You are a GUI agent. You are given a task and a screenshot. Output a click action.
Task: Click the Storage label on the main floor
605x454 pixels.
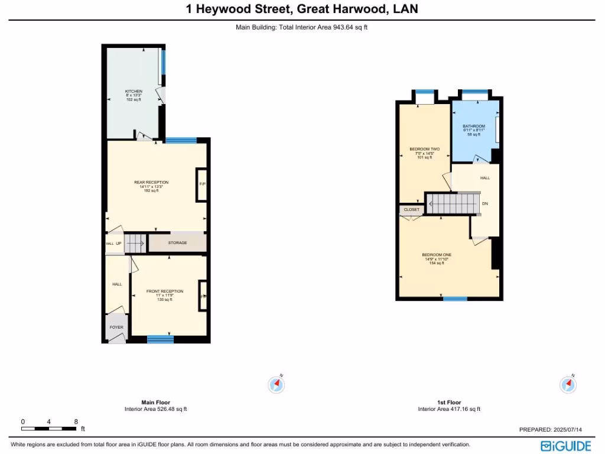tap(177, 243)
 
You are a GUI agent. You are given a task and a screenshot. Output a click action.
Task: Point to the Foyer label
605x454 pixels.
tap(116, 327)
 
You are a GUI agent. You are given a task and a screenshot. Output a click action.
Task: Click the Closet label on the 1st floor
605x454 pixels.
tap(412, 210)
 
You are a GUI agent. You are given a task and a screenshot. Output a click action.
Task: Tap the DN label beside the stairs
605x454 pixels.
tap(485, 204)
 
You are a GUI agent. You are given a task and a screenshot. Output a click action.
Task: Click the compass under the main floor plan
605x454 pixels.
tap(276, 384)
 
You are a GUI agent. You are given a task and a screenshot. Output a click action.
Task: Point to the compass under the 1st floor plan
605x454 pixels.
tap(567, 384)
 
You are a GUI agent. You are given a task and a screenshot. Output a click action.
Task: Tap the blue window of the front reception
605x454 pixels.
tap(160, 339)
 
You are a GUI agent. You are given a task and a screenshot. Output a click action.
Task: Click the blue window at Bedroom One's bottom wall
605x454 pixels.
tap(455, 299)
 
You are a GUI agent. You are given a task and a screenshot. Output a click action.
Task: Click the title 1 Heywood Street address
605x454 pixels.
tap(302, 9)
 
